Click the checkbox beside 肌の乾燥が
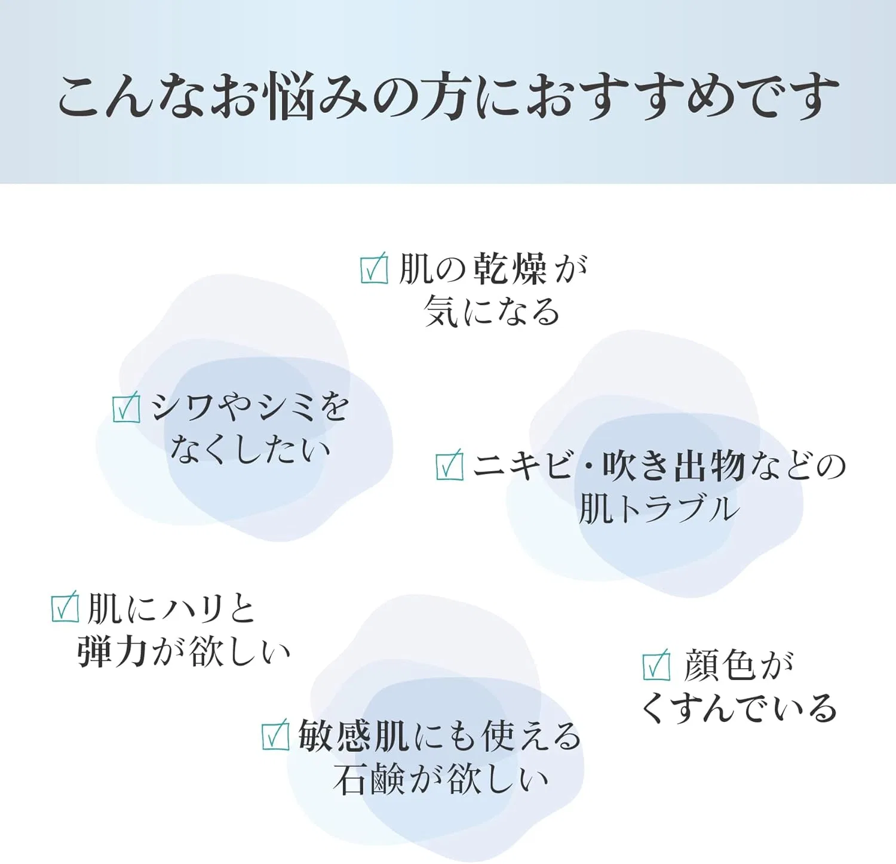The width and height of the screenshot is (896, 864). (x=375, y=269)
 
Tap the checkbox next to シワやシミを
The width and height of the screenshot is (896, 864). (x=127, y=407)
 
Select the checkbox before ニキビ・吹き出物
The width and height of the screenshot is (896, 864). (x=450, y=465)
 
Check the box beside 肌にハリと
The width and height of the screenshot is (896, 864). (x=65, y=606)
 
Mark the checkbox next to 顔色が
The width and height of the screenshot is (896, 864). (x=656, y=665)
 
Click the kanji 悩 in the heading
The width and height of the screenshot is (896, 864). (x=290, y=96)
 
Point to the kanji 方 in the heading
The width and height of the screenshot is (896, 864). (x=441, y=96)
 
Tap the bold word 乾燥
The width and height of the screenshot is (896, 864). (x=510, y=269)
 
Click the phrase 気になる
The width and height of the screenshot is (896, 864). (x=492, y=311)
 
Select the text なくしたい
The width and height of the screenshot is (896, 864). (x=250, y=449)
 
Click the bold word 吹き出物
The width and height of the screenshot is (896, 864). (x=674, y=466)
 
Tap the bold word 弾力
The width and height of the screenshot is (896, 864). (x=112, y=651)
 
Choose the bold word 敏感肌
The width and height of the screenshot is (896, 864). (x=354, y=736)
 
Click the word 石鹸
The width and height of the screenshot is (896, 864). (x=369, y=779)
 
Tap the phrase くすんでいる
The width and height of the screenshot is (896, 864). (x=739, y=709)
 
